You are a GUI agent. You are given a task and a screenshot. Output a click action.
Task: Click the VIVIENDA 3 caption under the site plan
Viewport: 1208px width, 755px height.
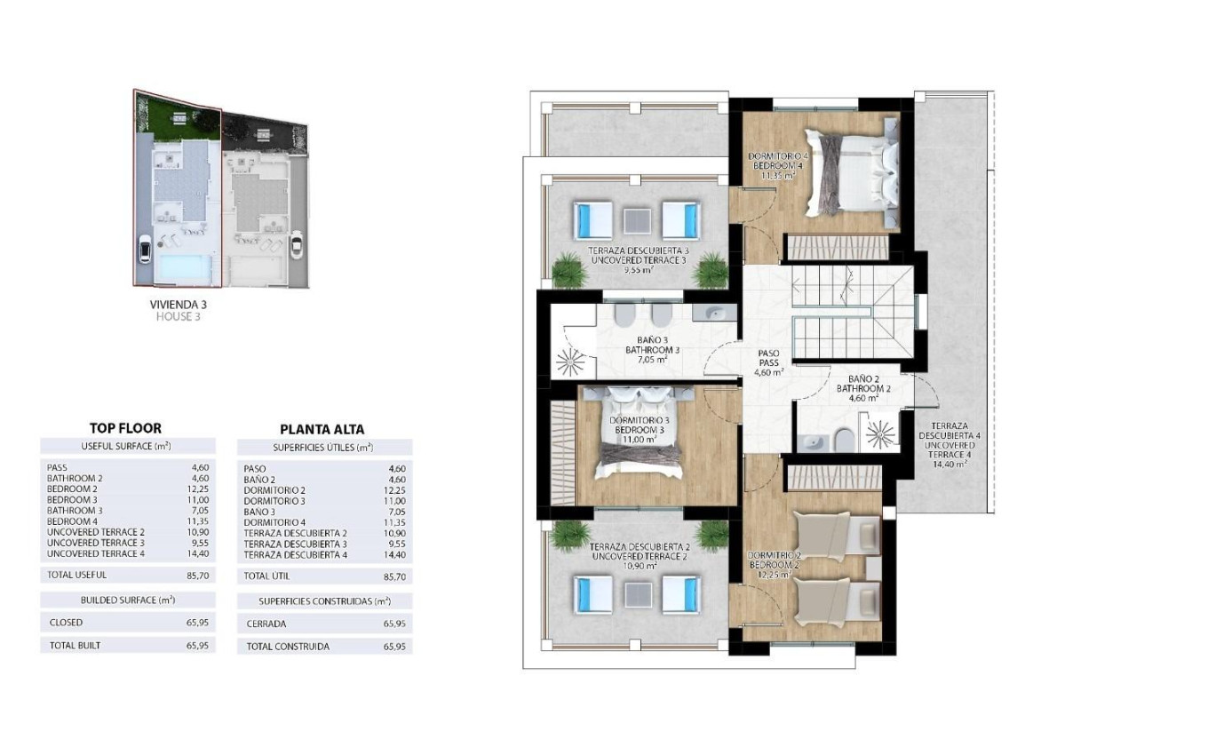pyautogui.click(x=179, y=304)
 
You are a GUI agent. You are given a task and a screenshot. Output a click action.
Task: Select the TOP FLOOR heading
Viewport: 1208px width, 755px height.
pyautogui.click(x=125, y=428)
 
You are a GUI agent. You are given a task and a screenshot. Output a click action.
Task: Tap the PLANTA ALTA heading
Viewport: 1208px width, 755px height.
pyautogui.click(x=322, y=429)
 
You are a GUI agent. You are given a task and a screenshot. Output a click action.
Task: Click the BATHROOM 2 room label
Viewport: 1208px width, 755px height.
pyautogui.click(x=857, y=388)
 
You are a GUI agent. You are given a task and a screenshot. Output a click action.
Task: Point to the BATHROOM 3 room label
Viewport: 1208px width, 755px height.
pyautogui.click(x=652, y=350)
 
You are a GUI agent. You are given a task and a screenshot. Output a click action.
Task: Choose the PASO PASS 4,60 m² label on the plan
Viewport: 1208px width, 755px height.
pyautogui.click(x=768, y=362)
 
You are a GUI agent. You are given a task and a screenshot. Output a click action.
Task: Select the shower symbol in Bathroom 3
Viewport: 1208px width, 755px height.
pyautogui.click(x=570, y=362)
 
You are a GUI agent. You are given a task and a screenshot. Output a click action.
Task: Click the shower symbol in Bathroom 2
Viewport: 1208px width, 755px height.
pyautogui.click(x=882, y=433)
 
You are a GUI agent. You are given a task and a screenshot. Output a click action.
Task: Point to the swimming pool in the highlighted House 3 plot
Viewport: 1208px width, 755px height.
pyautogui.click(x=184, y=266)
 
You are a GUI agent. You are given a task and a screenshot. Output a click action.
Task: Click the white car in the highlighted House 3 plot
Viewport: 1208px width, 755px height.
pyautogui.click(x=145, y=251)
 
